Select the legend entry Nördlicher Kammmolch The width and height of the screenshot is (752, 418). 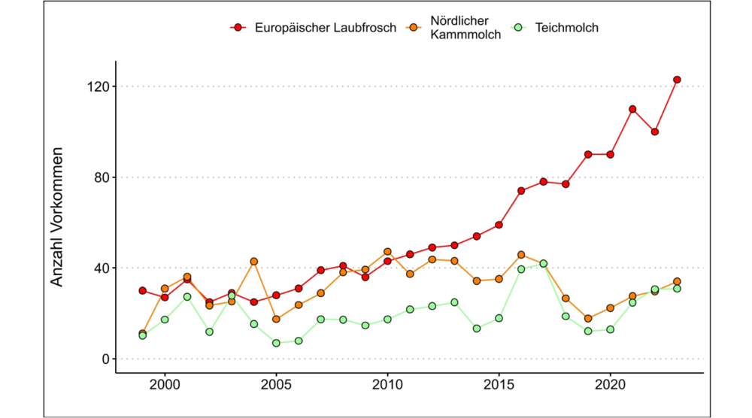click(x=467, y=28)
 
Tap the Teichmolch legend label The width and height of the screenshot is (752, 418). click(x=567, y=28)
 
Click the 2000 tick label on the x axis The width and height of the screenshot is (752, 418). click(x=165, y=383)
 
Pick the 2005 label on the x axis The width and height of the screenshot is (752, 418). click(x=276, y=383)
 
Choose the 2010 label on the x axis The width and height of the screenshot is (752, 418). click(x=387, y=383)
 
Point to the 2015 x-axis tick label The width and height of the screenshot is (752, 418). click(x=499, y=383)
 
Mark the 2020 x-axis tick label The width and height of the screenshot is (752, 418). click(x=610, y=383)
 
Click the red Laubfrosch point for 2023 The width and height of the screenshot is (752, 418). click(x=677, y=80)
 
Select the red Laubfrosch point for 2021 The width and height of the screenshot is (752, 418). click(x=632, y=109)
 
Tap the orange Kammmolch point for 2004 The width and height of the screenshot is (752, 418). click(x=254, y=262)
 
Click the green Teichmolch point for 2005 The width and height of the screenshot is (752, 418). click(x=276, y=343)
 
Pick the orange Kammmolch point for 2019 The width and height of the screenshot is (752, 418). click(x=588, y=319)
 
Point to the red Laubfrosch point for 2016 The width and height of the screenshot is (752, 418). click(x=521, y=191)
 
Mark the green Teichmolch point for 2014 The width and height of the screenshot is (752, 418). click(x=477, y=329)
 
